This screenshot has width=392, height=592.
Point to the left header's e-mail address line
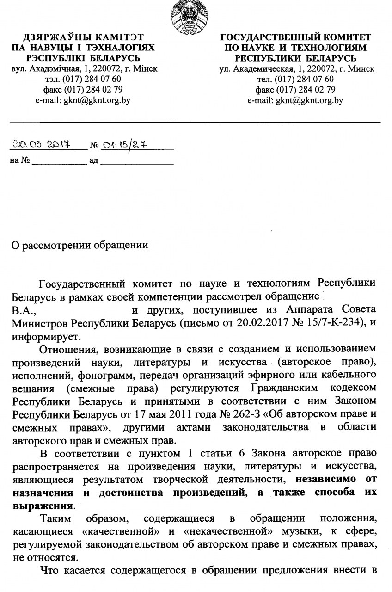tap(83, 100)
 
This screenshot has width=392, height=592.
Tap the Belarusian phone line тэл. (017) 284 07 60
tap(83, 79)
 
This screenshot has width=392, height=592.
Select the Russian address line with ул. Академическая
tap(296, 68)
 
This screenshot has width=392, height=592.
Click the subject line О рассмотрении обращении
tap(80, 245)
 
